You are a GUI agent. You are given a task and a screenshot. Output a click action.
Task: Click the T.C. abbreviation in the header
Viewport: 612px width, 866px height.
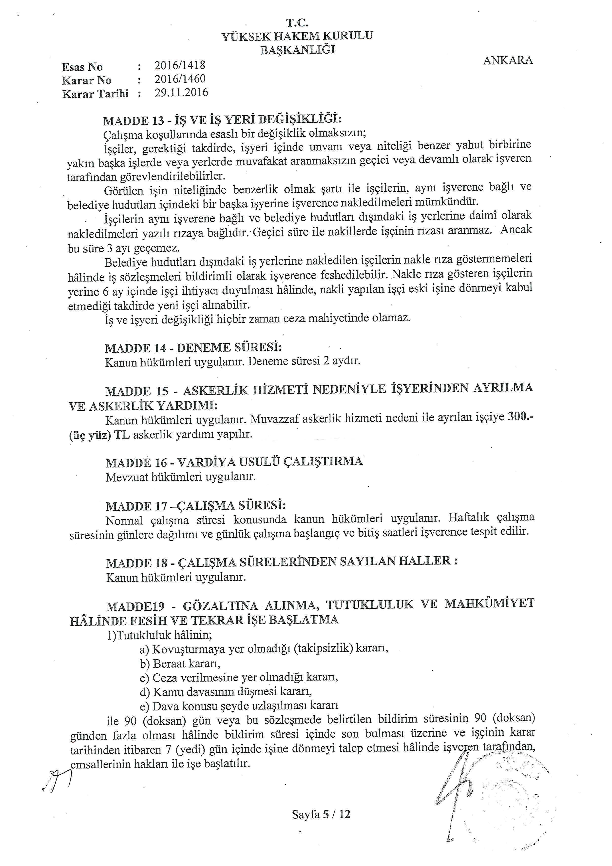298,23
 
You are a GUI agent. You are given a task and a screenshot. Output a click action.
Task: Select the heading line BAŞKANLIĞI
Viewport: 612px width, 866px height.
297,50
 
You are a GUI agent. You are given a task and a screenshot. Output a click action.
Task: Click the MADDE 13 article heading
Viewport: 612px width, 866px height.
222,120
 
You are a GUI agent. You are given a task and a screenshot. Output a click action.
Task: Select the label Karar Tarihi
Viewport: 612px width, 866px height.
95,94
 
